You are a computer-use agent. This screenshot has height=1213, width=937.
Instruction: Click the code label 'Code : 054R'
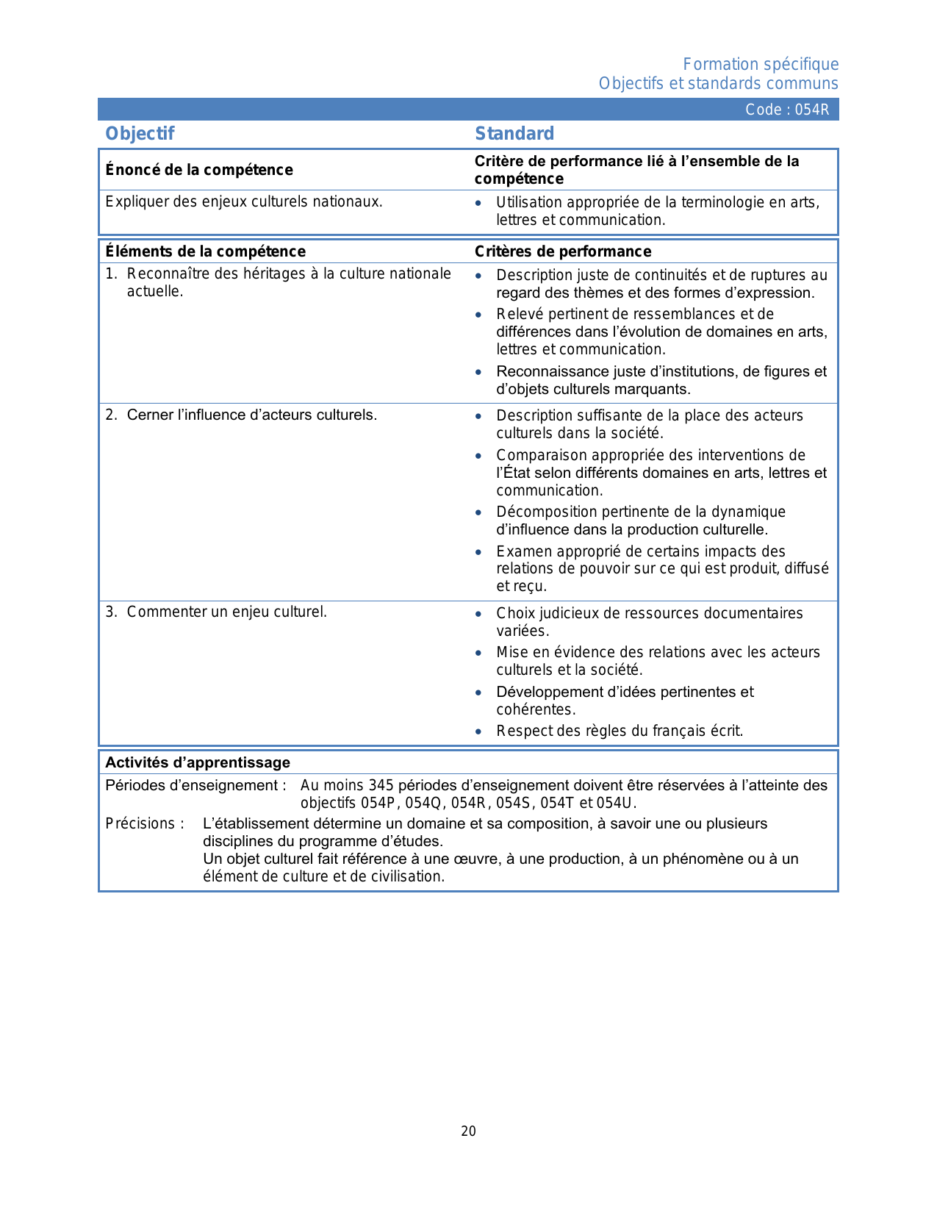click(786, 110)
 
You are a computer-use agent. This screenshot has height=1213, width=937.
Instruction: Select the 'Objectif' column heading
click(140, 133)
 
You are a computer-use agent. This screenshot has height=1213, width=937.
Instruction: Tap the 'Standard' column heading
click(514, 133)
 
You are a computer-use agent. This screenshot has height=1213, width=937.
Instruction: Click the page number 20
click(468, 1131)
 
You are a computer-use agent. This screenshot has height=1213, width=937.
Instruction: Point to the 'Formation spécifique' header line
click(761, 65)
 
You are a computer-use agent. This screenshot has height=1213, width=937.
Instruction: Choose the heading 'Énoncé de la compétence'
click(199, 170)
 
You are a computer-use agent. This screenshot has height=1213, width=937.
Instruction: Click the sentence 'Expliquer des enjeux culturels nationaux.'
click(244, 201)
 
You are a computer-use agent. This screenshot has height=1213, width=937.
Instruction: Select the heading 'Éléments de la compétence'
click(205, 251)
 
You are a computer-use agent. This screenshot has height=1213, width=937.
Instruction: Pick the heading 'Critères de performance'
click(563, 251)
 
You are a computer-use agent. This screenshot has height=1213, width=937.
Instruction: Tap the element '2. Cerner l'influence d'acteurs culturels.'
click(241, 415)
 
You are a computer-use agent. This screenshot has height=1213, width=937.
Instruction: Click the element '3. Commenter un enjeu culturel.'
click(216, 612)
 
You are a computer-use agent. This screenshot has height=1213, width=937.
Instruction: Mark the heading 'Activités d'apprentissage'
click(198, 762)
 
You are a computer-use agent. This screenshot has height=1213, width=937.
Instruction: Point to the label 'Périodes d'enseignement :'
click(195, 785)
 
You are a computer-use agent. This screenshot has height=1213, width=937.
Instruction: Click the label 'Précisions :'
click(145, 823)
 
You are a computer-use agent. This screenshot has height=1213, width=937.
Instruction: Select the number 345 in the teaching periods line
click(381, 785)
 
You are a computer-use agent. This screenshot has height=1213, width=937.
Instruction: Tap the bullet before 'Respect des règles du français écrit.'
click(478, 731)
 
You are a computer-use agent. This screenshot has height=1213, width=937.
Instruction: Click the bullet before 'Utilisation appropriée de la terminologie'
click(478, 203)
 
